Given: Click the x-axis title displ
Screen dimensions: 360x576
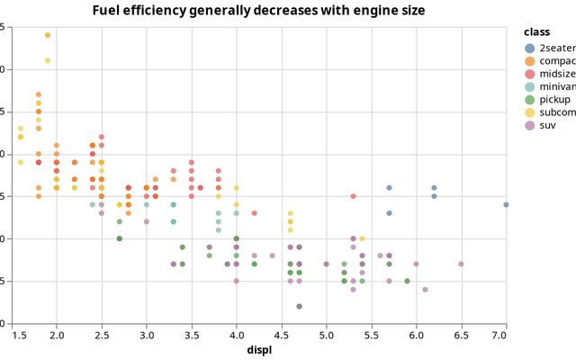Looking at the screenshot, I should pos(261,349).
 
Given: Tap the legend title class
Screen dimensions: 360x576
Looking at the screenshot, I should pos(538,31).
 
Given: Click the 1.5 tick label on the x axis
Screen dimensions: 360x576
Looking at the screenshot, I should pos(20,335).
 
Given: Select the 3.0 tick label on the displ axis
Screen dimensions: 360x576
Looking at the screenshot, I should pos(146,335).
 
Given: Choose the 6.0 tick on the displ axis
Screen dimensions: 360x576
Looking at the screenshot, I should pos(416,335).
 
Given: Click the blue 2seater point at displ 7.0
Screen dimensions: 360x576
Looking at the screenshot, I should pos(507,204).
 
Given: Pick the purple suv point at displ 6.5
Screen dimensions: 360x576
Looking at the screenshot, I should pos(461,264).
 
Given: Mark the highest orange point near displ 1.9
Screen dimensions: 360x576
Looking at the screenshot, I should pos(47,35).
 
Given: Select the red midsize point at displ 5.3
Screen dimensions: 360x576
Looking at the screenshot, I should pos(353,196).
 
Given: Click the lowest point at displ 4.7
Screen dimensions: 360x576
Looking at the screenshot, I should pos(299,306).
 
